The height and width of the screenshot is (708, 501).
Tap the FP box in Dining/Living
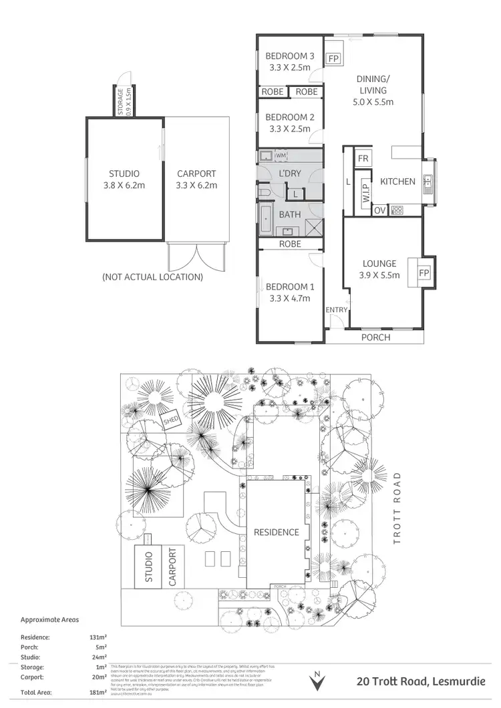click(x=333, y=59)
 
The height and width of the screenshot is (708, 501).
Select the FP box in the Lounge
click(x=424, y=274)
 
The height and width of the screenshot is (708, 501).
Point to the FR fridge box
click(x=363, y=158)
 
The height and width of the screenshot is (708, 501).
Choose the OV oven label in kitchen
click(x=380, y=211)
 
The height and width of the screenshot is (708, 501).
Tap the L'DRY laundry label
click(x=290, y=173)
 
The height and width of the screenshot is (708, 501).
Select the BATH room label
click(x=290, y=215)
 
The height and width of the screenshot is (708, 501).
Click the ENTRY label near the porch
click(x=336, y=310)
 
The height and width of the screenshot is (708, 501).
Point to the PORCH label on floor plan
click(x=375, y=337)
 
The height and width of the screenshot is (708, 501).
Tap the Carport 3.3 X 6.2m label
click(x=196, y=180)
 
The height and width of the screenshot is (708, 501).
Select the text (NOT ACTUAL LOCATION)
click(x=152, y=276)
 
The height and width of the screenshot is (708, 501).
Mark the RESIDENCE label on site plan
click(x=276, y=532)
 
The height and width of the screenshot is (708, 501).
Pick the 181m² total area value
click(x=98, y=693)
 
